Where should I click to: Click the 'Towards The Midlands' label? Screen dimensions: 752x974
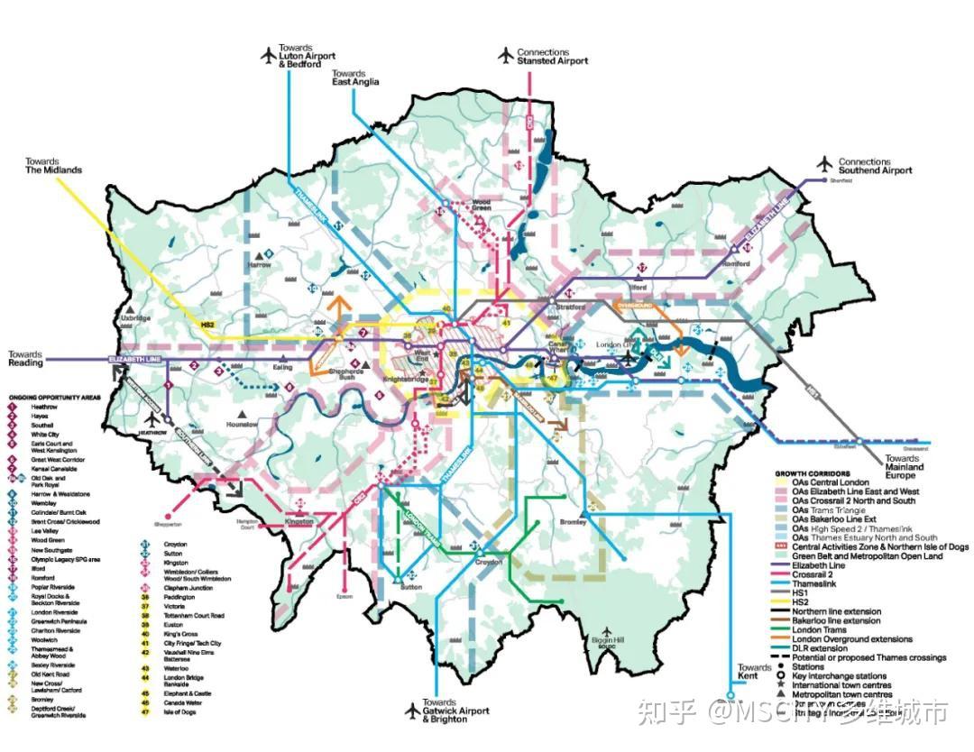[x=53, y=165]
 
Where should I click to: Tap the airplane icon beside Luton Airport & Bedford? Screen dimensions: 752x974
[x=267, y=56]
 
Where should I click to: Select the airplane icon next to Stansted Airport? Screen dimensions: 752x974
[x=506, y=56]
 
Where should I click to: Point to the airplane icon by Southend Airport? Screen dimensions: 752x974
[x=824, y=164]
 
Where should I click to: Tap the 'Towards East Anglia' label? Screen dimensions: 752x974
[x=354, y=78]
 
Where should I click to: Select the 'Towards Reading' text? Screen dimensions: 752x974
[x=25, y=357]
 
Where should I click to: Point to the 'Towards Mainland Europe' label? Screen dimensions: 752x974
[x=904, y=467]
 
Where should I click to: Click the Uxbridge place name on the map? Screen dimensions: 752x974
[x=135, y=319]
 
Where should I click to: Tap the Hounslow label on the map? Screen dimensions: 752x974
[x=243, y=424]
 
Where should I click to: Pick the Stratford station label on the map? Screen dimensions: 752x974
[x=569, y=307]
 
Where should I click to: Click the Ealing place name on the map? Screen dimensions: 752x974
[x=282, y=368]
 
